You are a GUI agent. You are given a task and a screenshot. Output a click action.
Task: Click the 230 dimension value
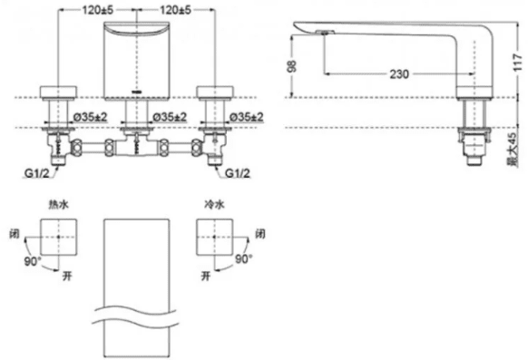coord(399,74)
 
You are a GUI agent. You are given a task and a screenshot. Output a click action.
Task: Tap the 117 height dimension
coord(517,62)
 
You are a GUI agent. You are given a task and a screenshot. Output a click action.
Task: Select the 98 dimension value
coord(292,66)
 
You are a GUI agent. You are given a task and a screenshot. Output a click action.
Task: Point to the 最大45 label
coord(512,150)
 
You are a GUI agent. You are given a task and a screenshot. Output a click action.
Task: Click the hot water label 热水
coord(59,204)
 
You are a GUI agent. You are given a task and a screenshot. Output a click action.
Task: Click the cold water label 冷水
coord(214,204)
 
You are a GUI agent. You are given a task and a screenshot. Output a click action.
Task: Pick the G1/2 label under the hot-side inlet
coord(36,173)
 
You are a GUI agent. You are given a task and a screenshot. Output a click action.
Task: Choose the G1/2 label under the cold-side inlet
coord(238,173)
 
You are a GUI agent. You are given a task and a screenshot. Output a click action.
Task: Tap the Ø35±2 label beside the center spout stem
coord(170,117)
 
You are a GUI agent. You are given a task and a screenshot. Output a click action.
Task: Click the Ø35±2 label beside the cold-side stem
coord(247,117)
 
